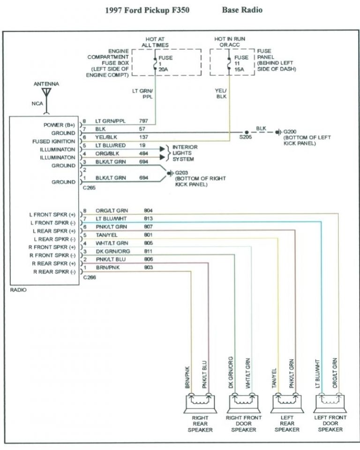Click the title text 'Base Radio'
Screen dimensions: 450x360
[x=242, y=10]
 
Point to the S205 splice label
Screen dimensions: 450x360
[x=245, y=137]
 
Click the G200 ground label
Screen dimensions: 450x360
[x=290, y=132]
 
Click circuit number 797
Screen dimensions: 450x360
[x=144, y=121]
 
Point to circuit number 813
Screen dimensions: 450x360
[x=148, y=219]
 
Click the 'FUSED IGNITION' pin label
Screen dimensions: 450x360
[x=53, y=141]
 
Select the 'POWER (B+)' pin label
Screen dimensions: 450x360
[x=59, y=125]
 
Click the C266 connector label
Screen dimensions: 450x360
[x=90, y=277]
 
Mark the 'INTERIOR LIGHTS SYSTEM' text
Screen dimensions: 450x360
[x=185, y=153]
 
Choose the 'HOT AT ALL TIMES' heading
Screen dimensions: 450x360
[x=155, y=42]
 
